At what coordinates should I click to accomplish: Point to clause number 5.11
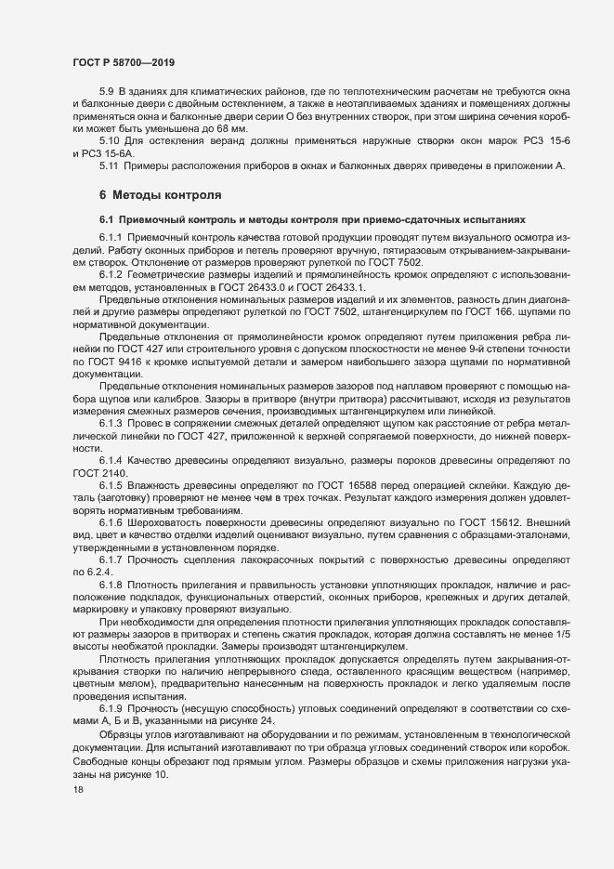click(111, 165)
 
